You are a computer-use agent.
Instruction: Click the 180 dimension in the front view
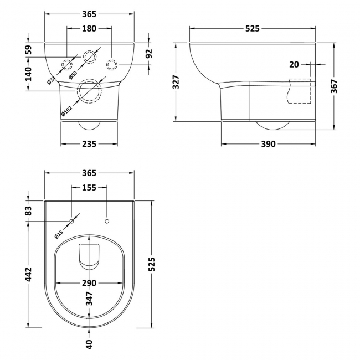point(89,29)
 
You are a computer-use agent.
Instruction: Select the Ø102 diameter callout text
point(66,110)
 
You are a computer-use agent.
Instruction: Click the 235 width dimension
point(89,144)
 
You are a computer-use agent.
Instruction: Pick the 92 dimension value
point(148,54)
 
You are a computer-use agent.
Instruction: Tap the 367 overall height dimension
point(335,85)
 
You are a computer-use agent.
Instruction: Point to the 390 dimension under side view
point(268,144)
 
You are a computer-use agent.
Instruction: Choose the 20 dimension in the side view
point(294,64)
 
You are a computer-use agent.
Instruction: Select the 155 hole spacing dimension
point(89,187)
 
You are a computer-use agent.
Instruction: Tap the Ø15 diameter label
point(60,232)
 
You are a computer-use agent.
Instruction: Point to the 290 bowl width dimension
point(89,283)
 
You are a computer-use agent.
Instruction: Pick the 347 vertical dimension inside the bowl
point(89,299)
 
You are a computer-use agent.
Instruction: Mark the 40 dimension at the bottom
point(89,344)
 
